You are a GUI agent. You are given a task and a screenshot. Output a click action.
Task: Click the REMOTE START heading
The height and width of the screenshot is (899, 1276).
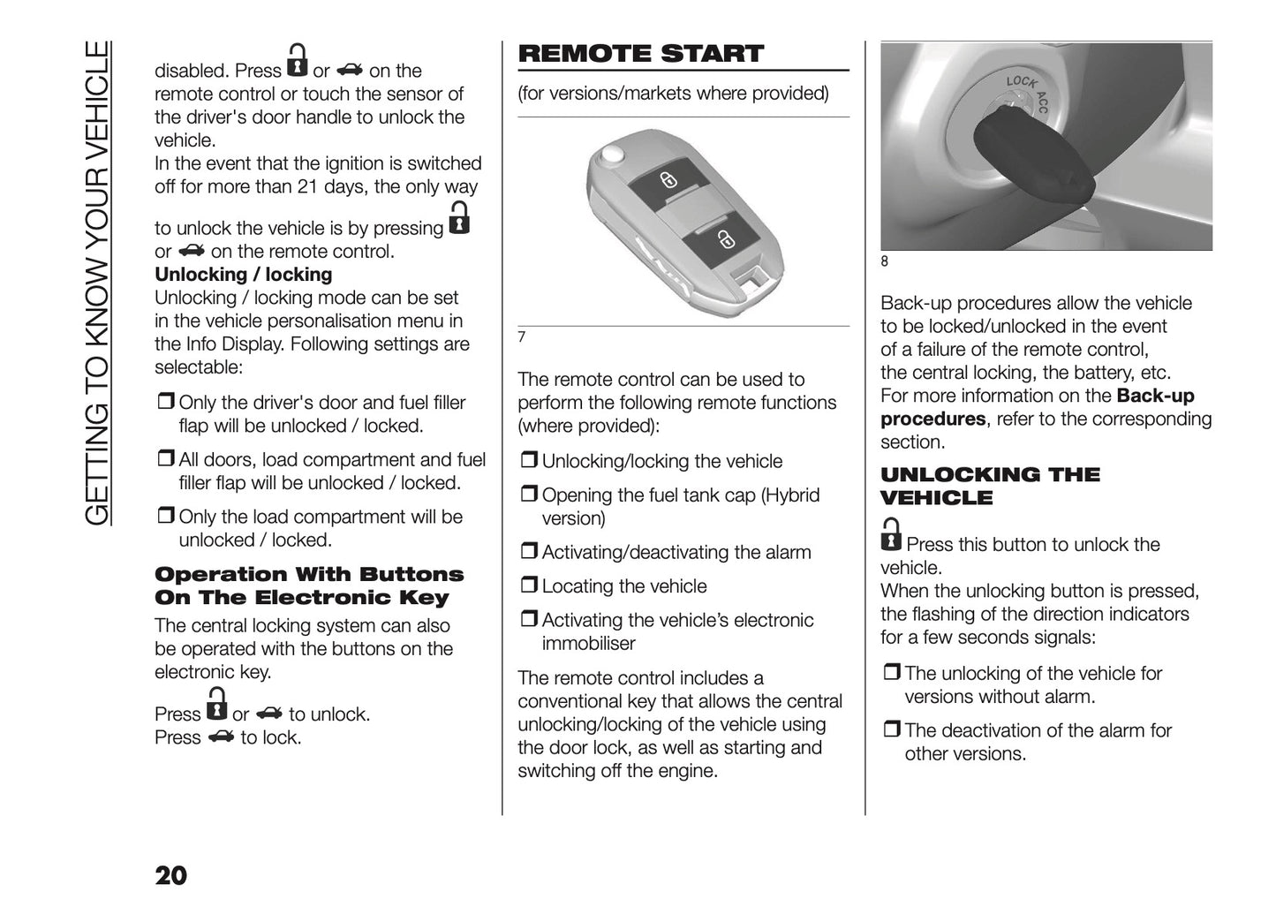(x=640, y=54)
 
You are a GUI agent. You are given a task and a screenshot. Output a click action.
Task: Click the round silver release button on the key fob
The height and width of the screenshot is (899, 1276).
(x=609, y=155)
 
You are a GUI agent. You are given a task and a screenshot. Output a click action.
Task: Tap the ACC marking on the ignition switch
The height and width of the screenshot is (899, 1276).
(x=1042, y=102)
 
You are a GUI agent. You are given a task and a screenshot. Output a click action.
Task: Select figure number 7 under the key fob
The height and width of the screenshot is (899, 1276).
(x=522, y=337)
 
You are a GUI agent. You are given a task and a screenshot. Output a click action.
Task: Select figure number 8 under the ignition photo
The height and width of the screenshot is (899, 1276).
(x=885, y=261)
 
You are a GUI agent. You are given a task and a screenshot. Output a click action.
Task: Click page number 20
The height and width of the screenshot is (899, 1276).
(x=170, y=875)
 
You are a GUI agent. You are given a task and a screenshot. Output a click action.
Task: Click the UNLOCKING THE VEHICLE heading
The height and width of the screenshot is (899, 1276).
(x=989, y=486)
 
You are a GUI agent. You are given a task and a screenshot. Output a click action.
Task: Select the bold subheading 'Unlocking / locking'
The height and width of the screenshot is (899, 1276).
(x=243, y=275)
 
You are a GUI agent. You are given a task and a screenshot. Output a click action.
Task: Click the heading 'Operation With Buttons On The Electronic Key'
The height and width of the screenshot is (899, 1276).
(x=308, y=585)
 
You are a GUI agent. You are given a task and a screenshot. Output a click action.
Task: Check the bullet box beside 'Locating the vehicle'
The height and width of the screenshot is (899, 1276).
(x=528, y=585)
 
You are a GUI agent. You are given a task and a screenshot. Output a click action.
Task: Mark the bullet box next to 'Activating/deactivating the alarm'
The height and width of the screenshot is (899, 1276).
(x=528, y=552)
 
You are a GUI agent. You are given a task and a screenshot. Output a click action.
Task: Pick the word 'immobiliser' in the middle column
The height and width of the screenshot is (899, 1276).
(x=588, y=644)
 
